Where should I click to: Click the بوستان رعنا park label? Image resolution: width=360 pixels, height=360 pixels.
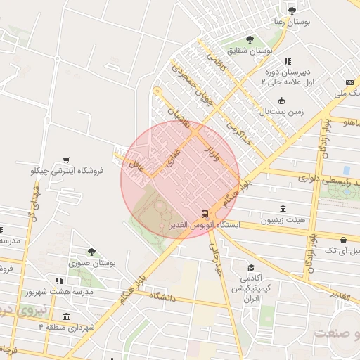[x=290, y=22]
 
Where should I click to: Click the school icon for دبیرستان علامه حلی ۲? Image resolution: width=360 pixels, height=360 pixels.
[x=288, y=61]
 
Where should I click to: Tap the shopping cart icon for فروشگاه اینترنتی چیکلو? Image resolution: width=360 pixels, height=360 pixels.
[x=66, y=160]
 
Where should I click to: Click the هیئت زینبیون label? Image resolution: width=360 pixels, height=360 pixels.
[x=283, y=220]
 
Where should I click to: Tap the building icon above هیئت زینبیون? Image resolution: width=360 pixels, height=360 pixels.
[x=283, y=209]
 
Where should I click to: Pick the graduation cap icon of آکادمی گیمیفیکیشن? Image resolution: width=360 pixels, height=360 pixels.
[x=251, y=268]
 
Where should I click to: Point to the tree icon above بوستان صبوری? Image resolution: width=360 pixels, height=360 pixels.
[x=91, y=251]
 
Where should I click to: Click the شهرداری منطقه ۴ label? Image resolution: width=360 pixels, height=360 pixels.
[x=69, y=327]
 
